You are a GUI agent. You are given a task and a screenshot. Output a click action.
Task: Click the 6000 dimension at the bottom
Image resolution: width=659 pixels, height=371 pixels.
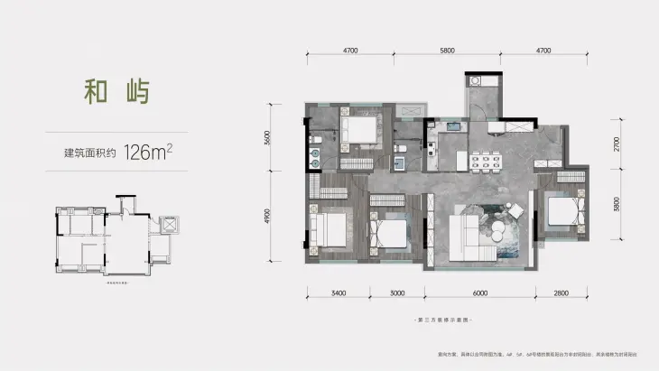click(x=479, y=293)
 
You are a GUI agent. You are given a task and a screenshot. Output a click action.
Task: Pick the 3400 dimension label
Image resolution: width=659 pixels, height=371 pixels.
click(x=339, y=293)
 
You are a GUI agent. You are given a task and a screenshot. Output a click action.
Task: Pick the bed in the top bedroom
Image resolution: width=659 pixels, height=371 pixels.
click(x=362, y=131)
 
